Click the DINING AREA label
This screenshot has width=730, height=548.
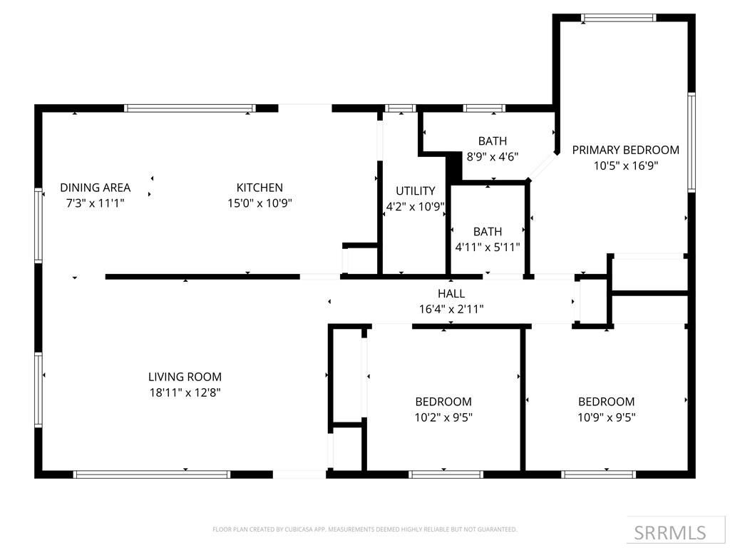(95, 188)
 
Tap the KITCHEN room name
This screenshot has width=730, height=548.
(259, 188)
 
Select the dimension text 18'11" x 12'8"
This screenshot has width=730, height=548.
(185, 392)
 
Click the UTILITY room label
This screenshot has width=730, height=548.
(416, 191)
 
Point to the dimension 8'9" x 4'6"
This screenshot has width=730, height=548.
(493, 156)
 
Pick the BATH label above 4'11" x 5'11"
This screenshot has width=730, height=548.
(488, 232)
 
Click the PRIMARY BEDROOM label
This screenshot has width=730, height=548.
(625, 150)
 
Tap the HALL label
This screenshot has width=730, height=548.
(451, 293)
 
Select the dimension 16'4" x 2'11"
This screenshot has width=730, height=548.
(451, 309)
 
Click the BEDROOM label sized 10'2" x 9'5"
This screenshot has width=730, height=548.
(443, 402)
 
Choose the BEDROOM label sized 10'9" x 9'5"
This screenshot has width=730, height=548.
(606, 402)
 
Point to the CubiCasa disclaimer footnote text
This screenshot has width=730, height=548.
(364, 529)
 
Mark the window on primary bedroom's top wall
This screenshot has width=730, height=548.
(618, 18)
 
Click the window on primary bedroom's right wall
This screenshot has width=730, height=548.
(691, 142)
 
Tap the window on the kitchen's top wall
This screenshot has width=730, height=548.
(190, 108)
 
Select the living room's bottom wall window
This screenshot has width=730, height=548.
(152, 474)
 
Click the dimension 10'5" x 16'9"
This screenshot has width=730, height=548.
(625, 166)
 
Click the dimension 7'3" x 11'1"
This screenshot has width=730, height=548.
(95, 203)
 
